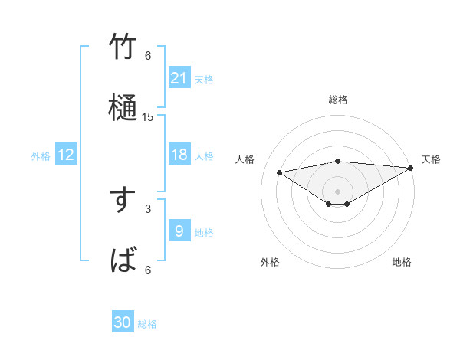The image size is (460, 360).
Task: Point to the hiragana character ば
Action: [x=123, y=260]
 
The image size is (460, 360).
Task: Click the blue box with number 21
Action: [x=179, y=77]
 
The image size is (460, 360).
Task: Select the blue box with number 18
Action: [x=179, y=155]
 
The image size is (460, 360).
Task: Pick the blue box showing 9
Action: [x=179, y=231]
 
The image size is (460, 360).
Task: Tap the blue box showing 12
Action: [x=66, y=155]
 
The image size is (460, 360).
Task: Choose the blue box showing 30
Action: [x=123, y=322]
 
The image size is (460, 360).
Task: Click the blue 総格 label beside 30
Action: [x=148, y=324]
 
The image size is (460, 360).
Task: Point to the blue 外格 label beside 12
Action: [x=41, y=156]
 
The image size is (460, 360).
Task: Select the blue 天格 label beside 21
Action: [x=204, y=79]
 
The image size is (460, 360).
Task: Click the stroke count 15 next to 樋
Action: [x=148, y=117]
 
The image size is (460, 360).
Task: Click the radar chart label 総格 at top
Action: [x=338, y=100]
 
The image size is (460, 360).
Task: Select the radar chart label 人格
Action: [x=245, y=159]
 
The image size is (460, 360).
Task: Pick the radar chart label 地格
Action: [x=402, y=262]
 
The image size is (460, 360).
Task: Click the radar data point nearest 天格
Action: [x=411, y=168]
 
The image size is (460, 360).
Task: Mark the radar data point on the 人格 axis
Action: [x=279, y=172]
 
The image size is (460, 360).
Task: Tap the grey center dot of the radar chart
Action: [x=338, y=191]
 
